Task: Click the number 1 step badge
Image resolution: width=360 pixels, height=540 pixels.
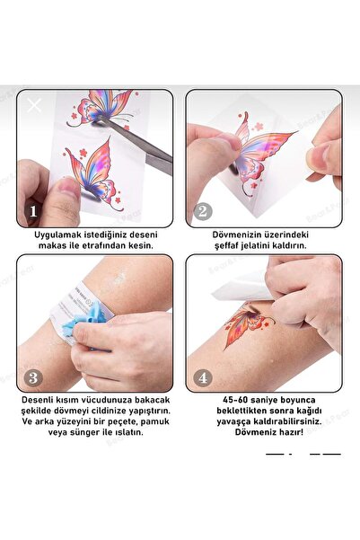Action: coord(33,213)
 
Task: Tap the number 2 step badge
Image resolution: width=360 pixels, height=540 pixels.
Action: coord(203,212)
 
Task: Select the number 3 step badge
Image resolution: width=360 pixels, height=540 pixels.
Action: coord(33,377)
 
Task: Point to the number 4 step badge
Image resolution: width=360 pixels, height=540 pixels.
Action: coord(203,377)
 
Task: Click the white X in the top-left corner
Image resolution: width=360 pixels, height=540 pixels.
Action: coord(34,105)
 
